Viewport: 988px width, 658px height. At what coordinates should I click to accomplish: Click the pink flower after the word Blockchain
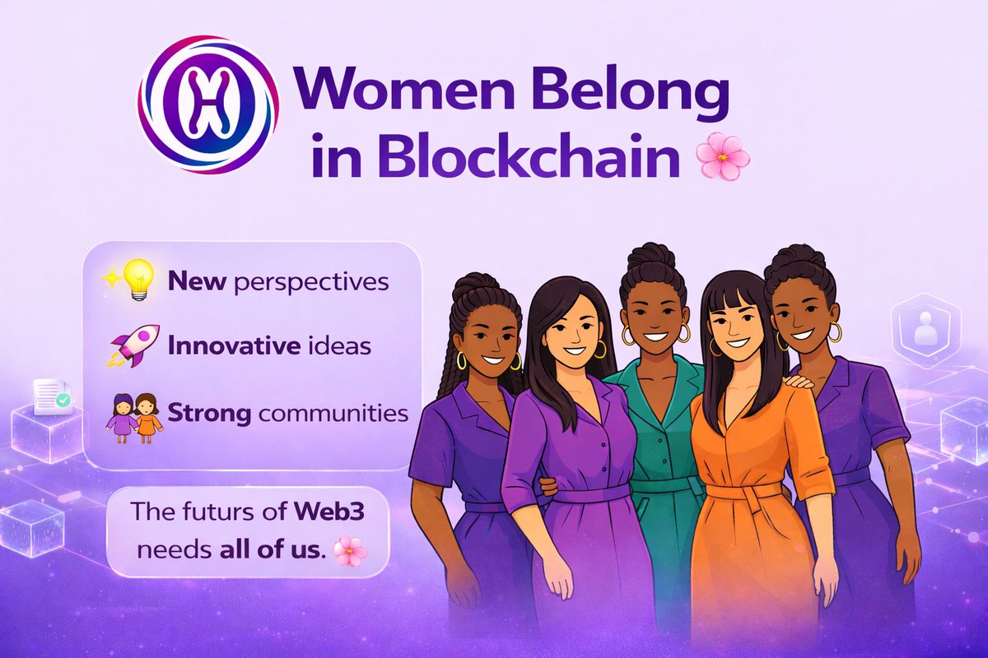pos(723,156)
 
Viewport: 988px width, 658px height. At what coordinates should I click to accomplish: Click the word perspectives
pos(311,283)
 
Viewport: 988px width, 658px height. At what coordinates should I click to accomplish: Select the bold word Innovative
pos(233,346)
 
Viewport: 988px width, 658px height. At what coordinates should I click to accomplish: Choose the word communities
pos(333,413)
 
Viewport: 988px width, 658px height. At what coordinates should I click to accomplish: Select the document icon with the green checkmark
pos(52,397)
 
